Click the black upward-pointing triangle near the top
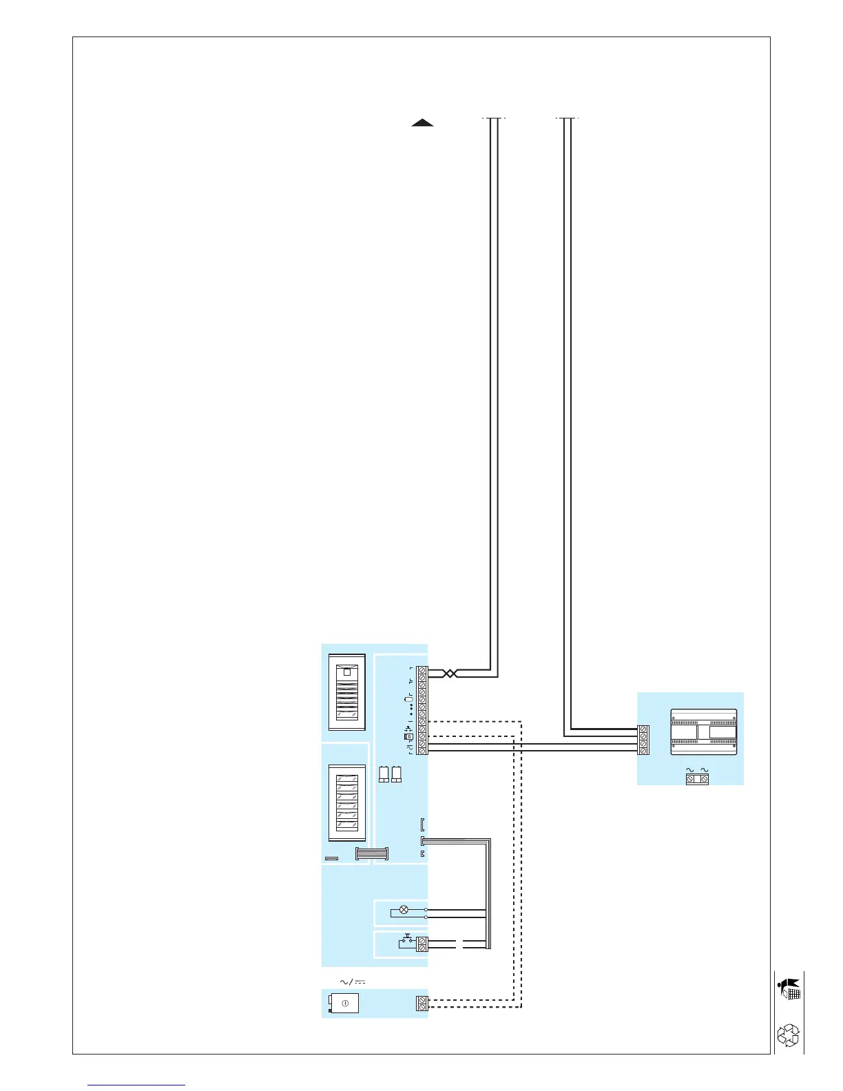(422, 123)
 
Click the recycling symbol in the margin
(788, 1035)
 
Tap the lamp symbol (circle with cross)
(404, 909)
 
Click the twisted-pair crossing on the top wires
(449, 673)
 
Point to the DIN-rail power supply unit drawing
(704, 731)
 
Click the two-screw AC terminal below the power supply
(697, 778)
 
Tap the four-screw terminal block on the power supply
(643, 740)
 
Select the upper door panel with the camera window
(346, 692)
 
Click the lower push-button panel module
(346, 802)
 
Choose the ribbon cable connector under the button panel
(372, 853)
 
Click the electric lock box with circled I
(345, 1003)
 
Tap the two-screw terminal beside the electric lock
(422, 1003)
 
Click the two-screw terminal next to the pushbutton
(422, 944)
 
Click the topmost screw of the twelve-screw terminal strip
(422, 670)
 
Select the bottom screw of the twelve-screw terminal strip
(422, 750)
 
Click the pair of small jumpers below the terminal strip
(390, 774)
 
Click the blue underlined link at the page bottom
(136, 1085)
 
